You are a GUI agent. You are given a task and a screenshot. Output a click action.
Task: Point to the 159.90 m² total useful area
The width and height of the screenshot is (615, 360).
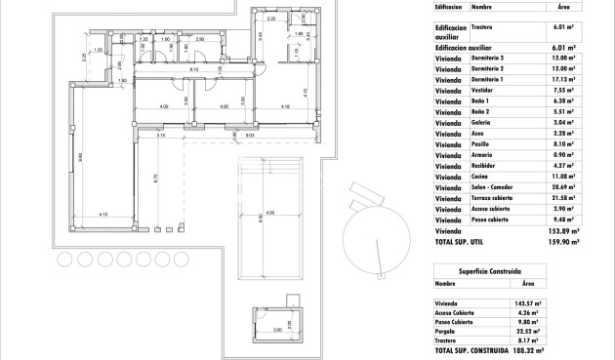(x=562, y=241)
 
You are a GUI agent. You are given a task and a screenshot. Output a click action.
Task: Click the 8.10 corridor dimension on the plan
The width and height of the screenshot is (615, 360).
(x=194, y=70)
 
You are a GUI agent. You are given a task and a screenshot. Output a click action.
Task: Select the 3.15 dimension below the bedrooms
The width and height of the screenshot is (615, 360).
(x=160, y=137)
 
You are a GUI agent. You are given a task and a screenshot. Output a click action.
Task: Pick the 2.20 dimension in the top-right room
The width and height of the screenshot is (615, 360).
(x=270, y=19)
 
